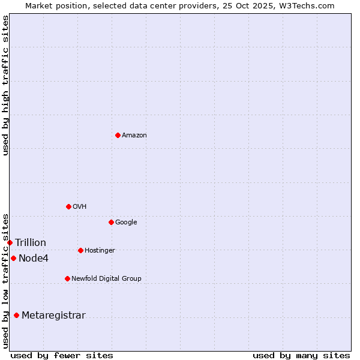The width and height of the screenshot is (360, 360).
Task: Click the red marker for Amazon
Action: click(x=118, y=135)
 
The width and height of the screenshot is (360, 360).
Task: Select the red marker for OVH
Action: click(x=68, y=206)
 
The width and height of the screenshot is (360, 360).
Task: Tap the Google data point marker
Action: click(x=111, y=222)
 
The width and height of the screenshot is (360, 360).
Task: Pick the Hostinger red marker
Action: click(x=80, y=250)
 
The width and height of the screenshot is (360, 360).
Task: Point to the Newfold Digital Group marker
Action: click(x=67, y=278)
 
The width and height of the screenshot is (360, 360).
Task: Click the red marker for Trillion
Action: click(x=10, y=242)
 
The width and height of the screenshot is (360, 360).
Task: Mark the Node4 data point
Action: click(x=13, y=258)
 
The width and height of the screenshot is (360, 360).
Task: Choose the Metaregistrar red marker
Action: click(x=16, y=315)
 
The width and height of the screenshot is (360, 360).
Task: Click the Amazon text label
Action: click(x=134, y=136)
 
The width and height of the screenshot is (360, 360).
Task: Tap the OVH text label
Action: click(x=80, y=207)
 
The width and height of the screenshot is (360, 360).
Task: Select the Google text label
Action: click(x=126, y=223)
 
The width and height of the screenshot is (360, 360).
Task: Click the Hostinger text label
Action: click(x=100, y=251)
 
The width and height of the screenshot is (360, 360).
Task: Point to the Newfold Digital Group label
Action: click(x=106, y=279)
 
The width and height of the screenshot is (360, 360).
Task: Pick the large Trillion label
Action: click(x=31, y=243)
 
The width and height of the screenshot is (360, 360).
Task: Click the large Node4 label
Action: click(x=34, y=259)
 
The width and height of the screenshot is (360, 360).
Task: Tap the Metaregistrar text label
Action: click(x=53, y=316)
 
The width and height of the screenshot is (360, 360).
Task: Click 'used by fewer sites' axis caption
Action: click(x=62, y=355)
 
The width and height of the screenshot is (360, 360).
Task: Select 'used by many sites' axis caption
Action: click(x=301, y=355)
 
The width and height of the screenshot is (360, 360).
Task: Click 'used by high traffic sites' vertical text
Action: click(x=5, y=85)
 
